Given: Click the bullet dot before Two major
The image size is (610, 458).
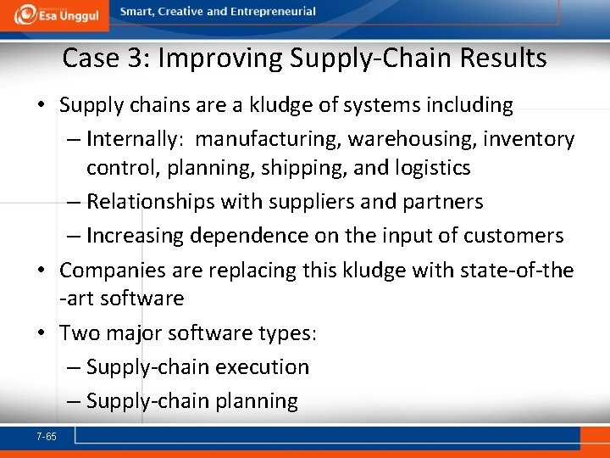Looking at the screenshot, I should tap(42, 332).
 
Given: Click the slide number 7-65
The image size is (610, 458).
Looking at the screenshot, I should tap(47, 436).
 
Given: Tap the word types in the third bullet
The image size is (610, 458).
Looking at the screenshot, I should tap(286, 333).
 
